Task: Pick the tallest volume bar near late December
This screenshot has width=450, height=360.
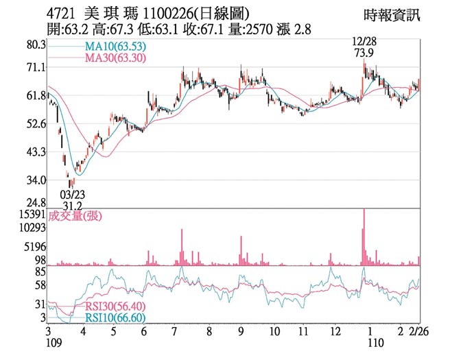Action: (364, 237)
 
